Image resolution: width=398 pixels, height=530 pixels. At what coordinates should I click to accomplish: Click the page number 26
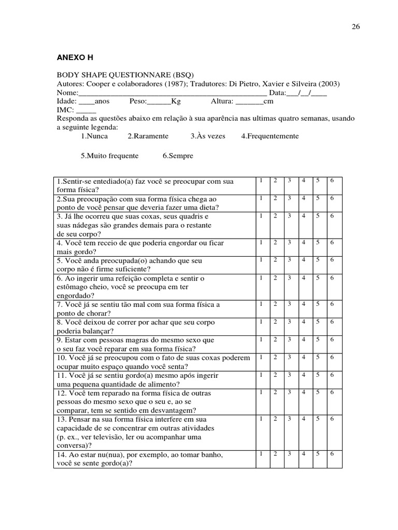(356, 27)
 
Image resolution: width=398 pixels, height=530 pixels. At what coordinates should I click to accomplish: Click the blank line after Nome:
(172, 93)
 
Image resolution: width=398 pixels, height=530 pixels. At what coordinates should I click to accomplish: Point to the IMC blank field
(86, 110)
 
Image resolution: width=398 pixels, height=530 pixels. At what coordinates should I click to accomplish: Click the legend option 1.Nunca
(94, 136)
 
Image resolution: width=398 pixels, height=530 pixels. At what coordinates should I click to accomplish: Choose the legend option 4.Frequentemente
(269, 136)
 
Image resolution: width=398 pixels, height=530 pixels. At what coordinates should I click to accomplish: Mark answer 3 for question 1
(289, 180)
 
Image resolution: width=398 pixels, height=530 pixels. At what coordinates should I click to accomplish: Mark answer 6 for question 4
(332, 242)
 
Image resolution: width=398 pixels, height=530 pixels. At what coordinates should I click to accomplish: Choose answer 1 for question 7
(261, 303)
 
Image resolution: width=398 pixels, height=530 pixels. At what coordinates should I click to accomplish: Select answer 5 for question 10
(318, 357)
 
